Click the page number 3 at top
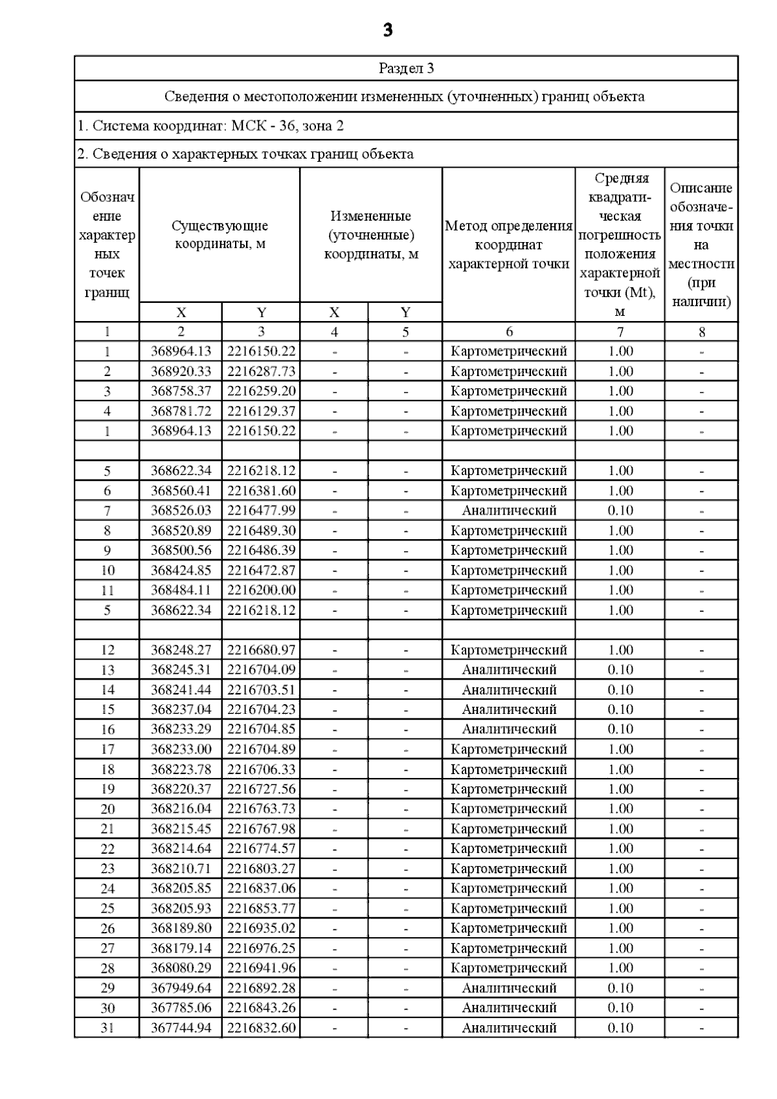pyautogui.click(x=387, y=30)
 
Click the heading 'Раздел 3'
pyautogui.click(x=406, y=69)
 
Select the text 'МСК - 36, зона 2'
pyautogui.click(x=287, y=126)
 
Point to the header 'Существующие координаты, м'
pyautogui.click(x=220, y=235)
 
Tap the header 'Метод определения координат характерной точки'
pyautogui.click(x=508, y=245)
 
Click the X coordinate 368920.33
pyautogui.click(x=181, y=372)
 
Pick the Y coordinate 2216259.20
pyautogui.click(x=261, y=391)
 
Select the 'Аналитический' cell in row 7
pyautogui.click(x=508, y=511)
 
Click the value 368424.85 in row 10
pyautogui.click(x=181, y=570)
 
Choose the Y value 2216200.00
pyautogui.click(x=261, y=590)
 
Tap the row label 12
pyautogui.click(x=107, y=650)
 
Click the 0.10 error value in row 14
pyautogui.click(x=620, y=690)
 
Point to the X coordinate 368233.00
pyautogui.click(x=181, y=749)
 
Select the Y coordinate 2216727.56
pyautogui.click(x=261, y=789)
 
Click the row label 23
pyautogui.click(x=107, y=869)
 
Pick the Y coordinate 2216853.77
pyautogui.click(x=261, y=908)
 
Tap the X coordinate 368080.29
pyautogui.click(x=181, y=968)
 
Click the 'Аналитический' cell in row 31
pyautogui.click(x=508, y=1028)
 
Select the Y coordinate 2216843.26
pyautogui.click(x=261, y=1008)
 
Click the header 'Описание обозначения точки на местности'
pyautogui.click(x=701, y=245)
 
